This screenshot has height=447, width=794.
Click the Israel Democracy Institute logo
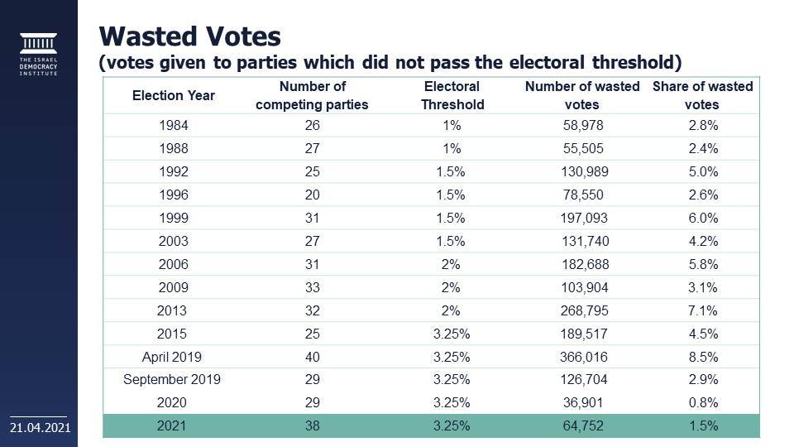[x=39, y=54]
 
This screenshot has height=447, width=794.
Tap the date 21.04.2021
[x=40, y=427]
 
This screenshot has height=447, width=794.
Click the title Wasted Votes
[x=190, y=36]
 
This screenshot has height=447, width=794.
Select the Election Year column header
[x=173, y=95]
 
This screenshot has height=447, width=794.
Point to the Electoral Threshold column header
[x=452, y=95]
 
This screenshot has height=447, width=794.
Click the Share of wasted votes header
[x=702, y=95]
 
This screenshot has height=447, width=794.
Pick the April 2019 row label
[x=172, y=358]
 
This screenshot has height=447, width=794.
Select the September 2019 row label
[x=172, y=380]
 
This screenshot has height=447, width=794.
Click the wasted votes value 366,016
[x=582, y=358]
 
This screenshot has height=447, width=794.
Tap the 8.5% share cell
[x=702, y=358]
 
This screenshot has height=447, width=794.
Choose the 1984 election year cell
[x=172, y=126]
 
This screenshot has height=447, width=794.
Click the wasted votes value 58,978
[x=582, y=126]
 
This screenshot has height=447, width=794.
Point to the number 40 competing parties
[x=312, y=358]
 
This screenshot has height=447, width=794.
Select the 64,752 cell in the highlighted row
[x=582, y=426]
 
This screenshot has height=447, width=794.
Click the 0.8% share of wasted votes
[x=702, y=403]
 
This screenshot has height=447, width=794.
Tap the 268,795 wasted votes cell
[x=582, y=311]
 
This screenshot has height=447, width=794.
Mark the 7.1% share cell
[x=702, y=311]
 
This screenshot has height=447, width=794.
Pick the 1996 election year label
[x=172, y=195]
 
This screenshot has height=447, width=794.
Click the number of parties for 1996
[x=312, y=195]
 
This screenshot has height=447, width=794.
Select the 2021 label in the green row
[x=172, y=426]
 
